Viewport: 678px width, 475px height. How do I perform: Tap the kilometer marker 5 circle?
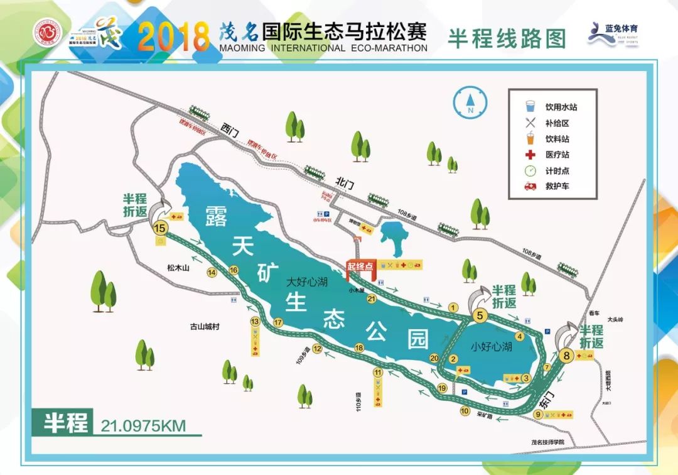click(x=480, y=316)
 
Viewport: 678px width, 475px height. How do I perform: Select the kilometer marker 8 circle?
click(x=567, y=356)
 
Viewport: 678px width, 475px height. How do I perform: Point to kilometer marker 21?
click(x=371, y=299)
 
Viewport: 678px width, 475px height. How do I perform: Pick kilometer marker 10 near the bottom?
click(x=465, y=412)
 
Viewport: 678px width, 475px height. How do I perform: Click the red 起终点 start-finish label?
click(x=360, y=266)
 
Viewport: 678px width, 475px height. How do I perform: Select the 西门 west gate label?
click(x=230, y=129)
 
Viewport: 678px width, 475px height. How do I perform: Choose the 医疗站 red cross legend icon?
click(x=530, y=155)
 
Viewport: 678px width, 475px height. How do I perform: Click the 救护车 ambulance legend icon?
click(x=530, y=187)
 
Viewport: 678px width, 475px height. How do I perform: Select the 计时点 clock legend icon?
click(x=530, y=170)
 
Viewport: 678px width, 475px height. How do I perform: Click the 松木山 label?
click(x=178, y=268)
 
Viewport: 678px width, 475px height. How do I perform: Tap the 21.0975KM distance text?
click(x=143, y=425)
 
